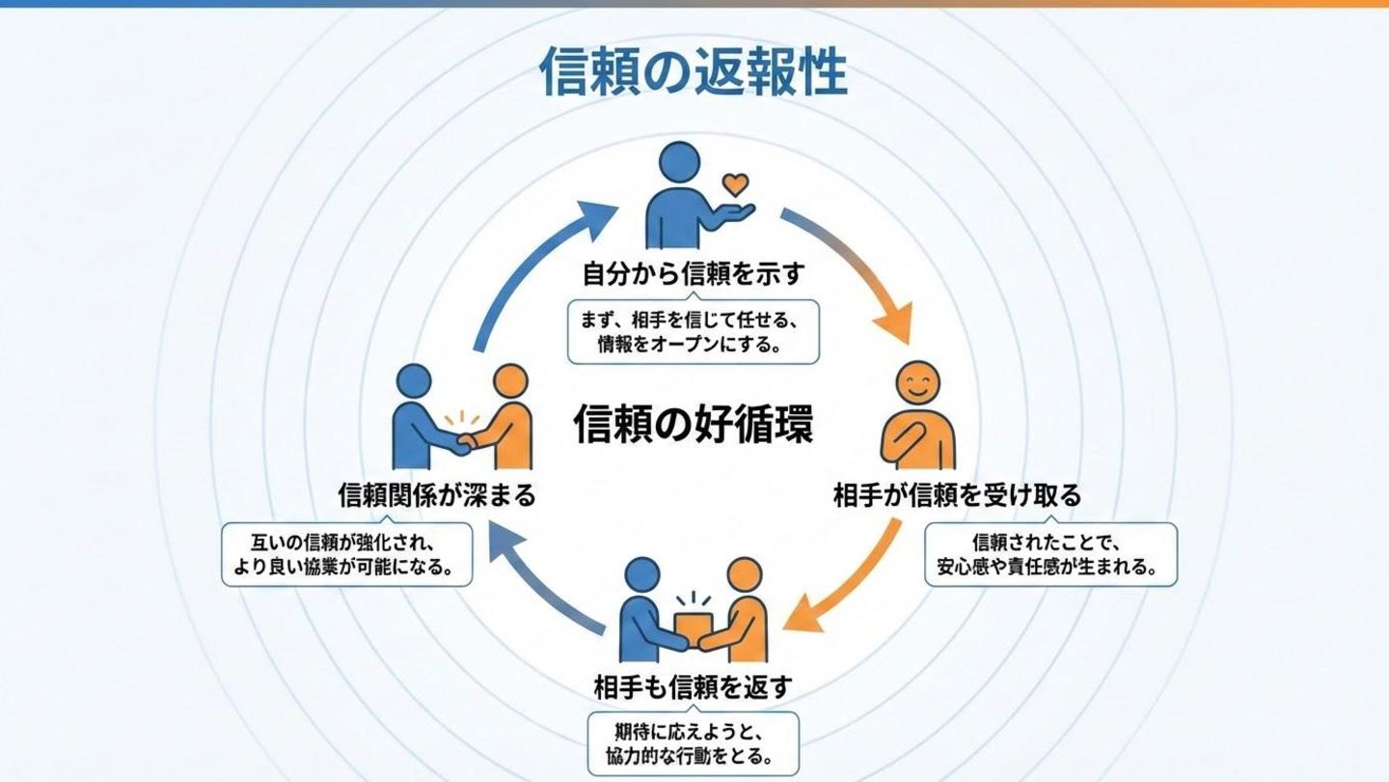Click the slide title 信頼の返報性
[693, 73]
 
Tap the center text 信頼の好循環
[693, 426]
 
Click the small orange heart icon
[735, 183]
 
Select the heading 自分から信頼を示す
[693, 275]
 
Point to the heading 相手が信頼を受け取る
[957, 496]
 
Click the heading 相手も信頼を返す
[693, 687]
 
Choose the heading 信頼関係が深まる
[436, 496]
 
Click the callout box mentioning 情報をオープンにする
[693, 331]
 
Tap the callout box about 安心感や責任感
[1051, 554]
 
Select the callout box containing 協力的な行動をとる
[693, 743]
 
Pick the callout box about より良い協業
[347, 554]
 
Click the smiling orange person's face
[917, 385]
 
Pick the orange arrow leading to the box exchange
[849, 579]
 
